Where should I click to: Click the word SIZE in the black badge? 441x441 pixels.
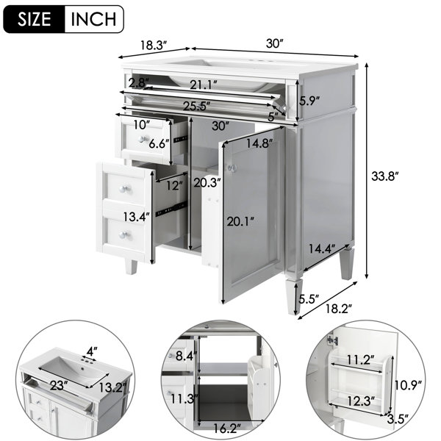pos(34,19)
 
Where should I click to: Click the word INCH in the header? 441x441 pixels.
pos(93,19)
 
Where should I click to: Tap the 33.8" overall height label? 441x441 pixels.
pos(385,176)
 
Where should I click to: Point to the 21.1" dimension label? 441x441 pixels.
pos(204,85)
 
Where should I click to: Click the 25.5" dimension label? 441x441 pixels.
pos(197,106)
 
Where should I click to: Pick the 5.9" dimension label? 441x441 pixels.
pos(309,101)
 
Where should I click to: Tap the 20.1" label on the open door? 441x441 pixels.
pos(240,222)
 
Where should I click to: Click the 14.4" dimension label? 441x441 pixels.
pos(322,248)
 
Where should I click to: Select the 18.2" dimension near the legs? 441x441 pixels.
pos(339,309)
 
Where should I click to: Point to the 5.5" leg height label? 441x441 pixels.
pos(309,299)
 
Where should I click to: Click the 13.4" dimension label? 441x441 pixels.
pos(137,217)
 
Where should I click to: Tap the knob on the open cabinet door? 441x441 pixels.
pos(232,168)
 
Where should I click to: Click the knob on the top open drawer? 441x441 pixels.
pos(143,138)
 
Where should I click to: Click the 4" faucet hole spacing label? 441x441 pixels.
pos(92,351)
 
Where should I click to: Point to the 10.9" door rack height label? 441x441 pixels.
pos(408,385)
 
